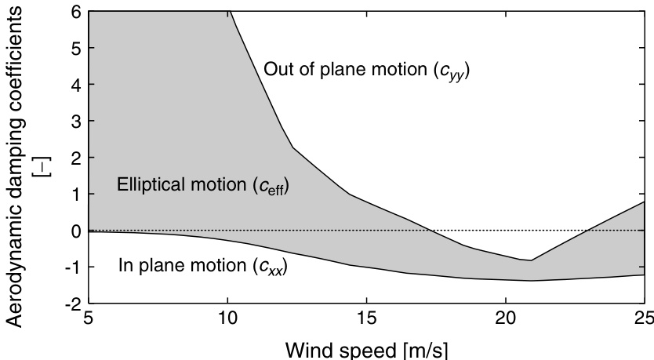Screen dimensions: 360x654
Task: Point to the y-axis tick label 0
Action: click(x=74, y=231)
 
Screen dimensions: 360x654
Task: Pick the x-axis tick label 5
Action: click(x=89, y=320)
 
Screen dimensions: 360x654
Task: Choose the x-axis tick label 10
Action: click(x=227, y=320)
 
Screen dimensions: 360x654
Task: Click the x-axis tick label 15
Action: click(x=366, y=320)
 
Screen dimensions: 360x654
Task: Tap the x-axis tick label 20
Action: click(x=505, y=320)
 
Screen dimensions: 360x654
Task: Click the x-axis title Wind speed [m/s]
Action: click(x=366, y=347)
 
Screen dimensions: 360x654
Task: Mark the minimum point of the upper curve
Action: click(x=531, y=260)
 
